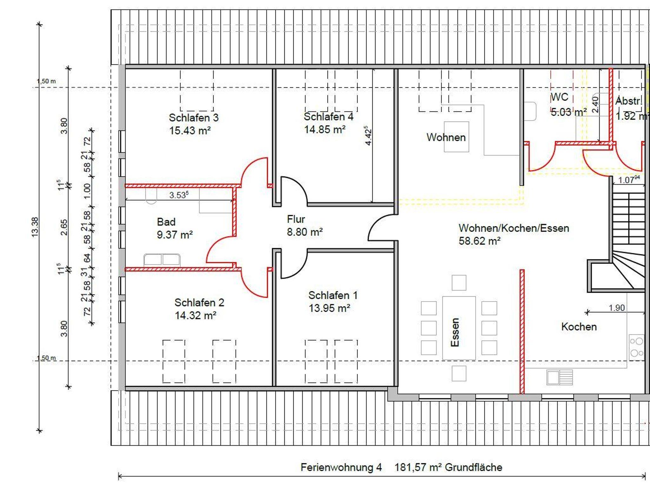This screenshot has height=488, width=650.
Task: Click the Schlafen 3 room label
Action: click(194, 118)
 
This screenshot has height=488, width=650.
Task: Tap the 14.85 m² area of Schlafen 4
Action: click(325, 129)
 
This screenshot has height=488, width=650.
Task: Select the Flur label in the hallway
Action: click(296, 219)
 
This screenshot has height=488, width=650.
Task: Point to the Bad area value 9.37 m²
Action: click(175, 235)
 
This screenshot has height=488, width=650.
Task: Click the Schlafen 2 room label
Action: click(199, 302)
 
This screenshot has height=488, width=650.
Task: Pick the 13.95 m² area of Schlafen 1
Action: click(329, 308)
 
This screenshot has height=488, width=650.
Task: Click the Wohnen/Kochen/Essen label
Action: click(514, 228)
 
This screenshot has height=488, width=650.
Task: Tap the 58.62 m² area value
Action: click(480, 241)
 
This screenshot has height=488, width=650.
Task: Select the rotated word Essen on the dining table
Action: click(455, 332)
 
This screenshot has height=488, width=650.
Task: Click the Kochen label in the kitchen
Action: click(579, 327)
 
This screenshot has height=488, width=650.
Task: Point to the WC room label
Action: click(559, 96)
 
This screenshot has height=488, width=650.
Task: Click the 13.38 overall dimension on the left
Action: click(35, 227)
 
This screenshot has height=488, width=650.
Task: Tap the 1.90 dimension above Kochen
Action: click(617, 308)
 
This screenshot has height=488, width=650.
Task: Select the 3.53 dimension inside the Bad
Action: click(179, 195)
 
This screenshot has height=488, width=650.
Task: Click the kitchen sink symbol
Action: click(560, 377)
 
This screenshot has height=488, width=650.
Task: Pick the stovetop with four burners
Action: click(637, 347)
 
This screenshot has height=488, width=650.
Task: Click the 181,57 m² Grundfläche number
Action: click(448, 467)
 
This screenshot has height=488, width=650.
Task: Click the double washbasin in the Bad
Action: click(162, 260)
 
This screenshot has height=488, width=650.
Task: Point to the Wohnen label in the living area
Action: click(446, 137)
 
